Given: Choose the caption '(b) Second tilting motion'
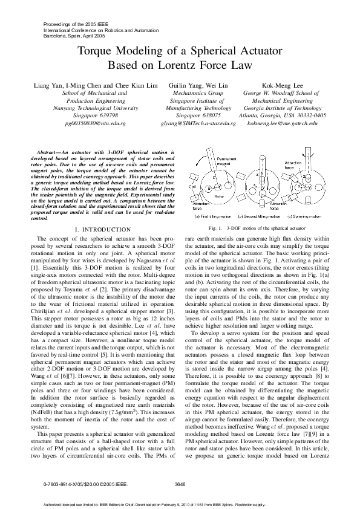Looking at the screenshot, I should [258, 216].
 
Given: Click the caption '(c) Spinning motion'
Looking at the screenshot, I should [306, 216].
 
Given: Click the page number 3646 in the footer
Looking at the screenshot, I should [180, 484].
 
